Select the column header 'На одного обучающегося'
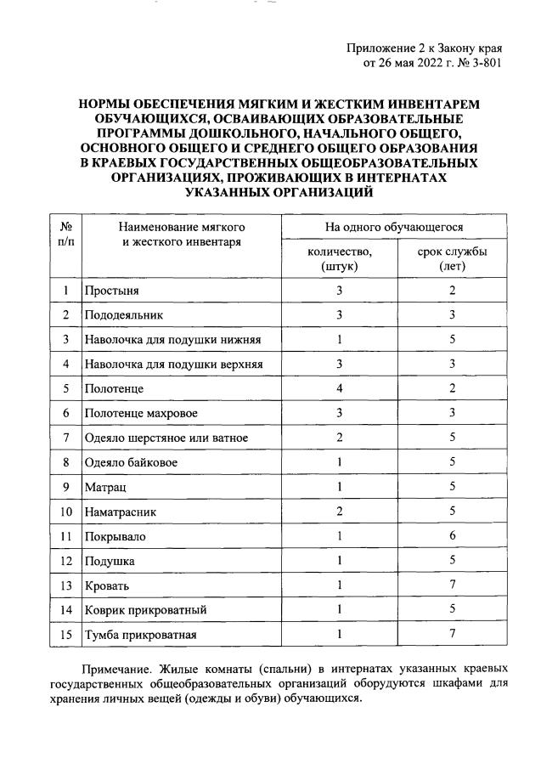pos(394,228)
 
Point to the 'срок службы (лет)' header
pos(452,258)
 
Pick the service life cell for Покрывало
pos(452,536)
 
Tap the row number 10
pos(65,512)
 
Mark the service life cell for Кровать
pos(452,585)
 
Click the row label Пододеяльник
pos(123,315)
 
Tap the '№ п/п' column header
pos(65,235)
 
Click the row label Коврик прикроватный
pos(144,610)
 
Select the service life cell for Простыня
pos(452,291)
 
